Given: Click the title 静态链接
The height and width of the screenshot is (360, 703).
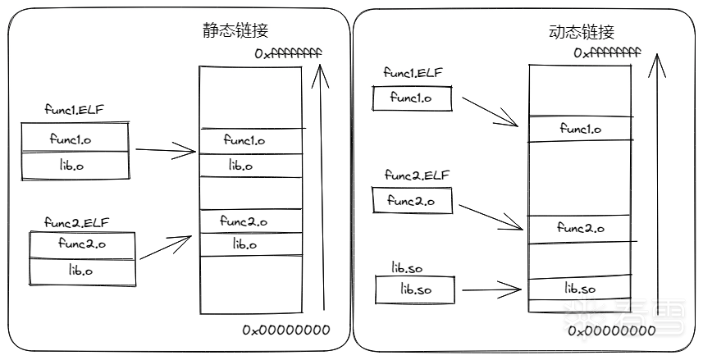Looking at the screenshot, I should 235,30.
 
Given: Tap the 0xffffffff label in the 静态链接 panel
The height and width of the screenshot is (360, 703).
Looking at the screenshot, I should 288,53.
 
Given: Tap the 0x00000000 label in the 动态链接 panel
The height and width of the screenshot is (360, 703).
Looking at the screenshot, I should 612,331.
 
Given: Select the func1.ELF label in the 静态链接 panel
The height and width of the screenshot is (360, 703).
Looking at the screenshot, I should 75,110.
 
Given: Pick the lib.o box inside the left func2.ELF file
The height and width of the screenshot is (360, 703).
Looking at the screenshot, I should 82,270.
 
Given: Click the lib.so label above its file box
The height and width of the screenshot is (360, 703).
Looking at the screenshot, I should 409,267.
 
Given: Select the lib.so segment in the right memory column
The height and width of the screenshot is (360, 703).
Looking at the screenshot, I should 580,289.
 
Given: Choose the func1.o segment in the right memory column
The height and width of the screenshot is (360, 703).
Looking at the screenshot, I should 580,129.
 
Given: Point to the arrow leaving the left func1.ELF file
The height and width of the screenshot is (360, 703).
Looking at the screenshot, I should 165,150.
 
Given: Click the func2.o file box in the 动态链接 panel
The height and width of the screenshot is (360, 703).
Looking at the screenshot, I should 412,200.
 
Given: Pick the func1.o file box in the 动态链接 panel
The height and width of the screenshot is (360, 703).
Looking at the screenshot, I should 412,98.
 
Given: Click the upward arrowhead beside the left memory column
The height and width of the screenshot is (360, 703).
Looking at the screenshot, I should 318,76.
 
